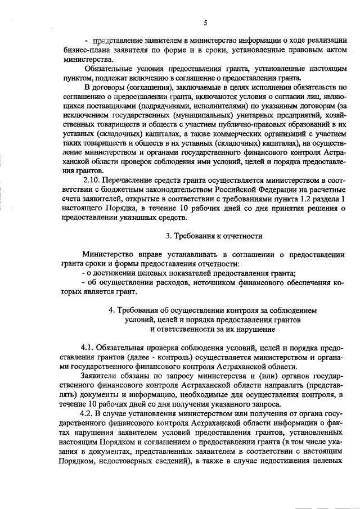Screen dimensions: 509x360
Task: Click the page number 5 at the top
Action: click(205, 22)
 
